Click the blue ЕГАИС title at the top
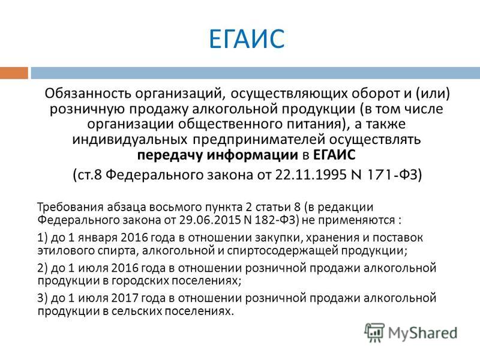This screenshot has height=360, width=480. click(247, 38)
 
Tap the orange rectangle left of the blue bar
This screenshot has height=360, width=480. click(14, 73)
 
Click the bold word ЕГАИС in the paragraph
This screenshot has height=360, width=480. click(334, 155)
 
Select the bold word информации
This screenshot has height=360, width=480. click(252, 155)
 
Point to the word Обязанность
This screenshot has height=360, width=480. click(88, 94)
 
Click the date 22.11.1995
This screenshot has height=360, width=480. click(308, 175)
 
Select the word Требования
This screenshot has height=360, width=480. click(70, 208)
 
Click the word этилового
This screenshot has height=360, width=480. click(66, 251)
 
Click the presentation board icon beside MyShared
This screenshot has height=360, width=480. click(374, 332)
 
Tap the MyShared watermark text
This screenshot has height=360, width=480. click(423, 333)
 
